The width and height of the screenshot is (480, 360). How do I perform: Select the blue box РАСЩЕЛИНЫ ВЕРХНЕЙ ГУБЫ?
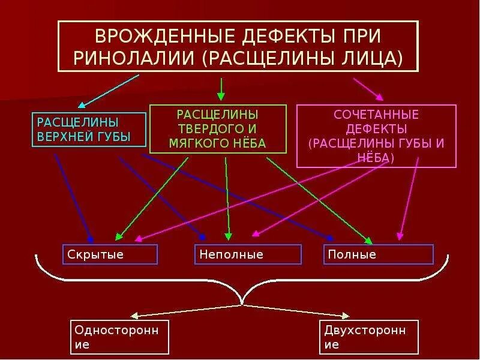point(88,129)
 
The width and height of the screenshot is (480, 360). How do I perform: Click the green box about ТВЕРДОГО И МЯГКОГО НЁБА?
point(218,128)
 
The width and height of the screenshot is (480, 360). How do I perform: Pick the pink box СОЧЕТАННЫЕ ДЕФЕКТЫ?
point(376,136)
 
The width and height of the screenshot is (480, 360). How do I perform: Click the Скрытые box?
point(110,254)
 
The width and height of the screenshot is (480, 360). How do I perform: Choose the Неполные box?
point(248,254)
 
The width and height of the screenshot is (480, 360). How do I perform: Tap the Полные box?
point(378,254)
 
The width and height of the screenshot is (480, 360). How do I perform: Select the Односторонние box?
point(119,337)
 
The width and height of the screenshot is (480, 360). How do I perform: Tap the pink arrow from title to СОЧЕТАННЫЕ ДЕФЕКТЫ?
point(368,88)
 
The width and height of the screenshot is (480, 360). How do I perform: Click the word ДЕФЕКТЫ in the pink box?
point(376,129)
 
